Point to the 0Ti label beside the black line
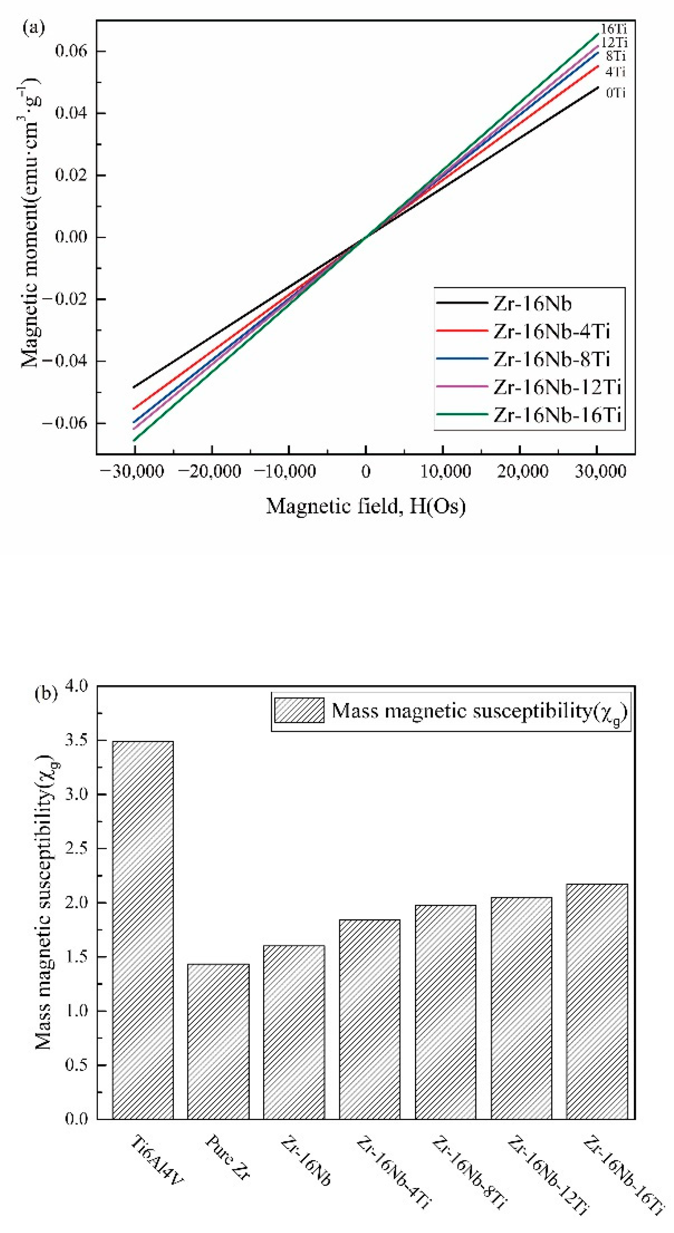(x=615, y=93)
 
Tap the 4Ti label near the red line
(x=615, y=72)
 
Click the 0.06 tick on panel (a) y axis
(x=71, y=51)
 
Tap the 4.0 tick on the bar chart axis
(x=76, y=686)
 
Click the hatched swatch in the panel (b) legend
(x=299, y=710)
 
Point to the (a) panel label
(x=34, y=28)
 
